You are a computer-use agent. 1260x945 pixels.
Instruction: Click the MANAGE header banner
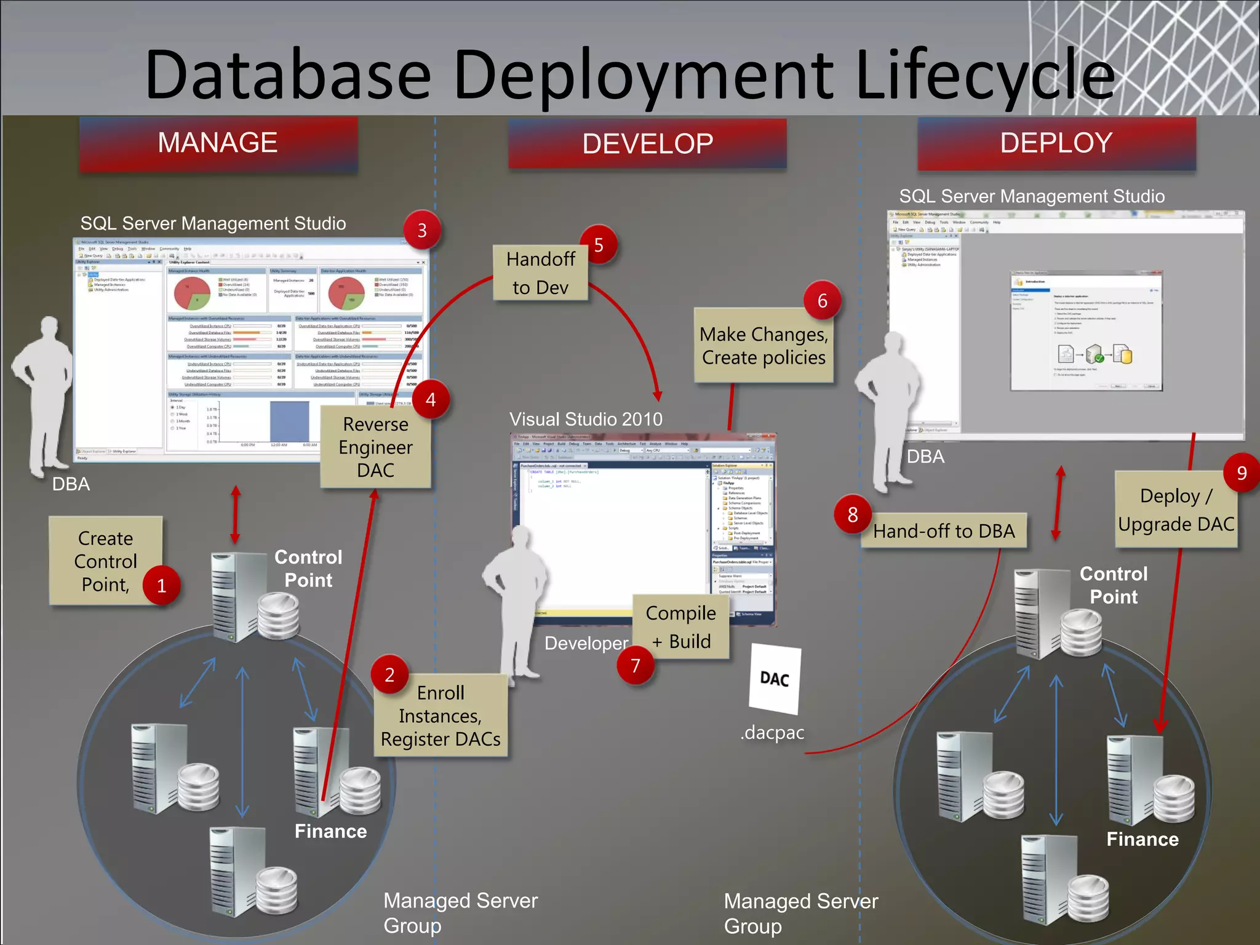[x=218, y=143]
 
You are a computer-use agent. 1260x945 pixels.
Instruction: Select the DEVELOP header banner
[x=647, y=144]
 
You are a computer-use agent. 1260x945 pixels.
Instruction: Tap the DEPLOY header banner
[x=1056, y=143]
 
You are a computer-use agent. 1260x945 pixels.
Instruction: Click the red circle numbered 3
[x=422, y=230]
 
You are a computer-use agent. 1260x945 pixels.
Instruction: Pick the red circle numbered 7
[x=636, y=666]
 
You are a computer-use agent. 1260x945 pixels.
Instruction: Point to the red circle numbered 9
[x=1242, y=472]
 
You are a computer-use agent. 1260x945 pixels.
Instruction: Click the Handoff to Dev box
[x=540, y=273]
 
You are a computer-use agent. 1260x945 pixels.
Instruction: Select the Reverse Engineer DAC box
[x=375, y=447]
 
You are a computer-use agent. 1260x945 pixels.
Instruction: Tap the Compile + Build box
[x=680, y=627]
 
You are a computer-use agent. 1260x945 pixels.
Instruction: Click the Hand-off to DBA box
[x=944, y=531]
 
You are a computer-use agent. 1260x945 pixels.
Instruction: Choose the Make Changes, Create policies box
[x=764, y=346]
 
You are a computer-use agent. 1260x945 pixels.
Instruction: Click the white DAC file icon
[x=775, y=679]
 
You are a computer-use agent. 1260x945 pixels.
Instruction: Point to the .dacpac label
[x=772, y=733]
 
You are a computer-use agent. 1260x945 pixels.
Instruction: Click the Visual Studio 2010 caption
[x=586, y=420]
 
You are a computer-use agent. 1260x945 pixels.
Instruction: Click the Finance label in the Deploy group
[x=1142, y=839]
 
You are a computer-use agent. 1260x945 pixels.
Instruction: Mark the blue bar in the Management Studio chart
[x=289, y=421]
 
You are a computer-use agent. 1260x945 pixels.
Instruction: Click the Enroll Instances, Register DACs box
[x=441, y=716]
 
